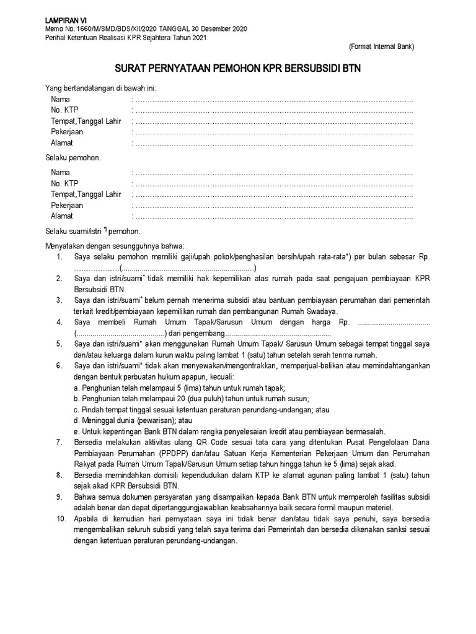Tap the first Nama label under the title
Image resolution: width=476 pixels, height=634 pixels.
pyautogui.click(x=60, y=99)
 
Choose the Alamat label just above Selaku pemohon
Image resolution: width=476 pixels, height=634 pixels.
pyautogui.click(x=62, y=143)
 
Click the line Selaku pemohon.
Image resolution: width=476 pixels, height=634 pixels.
pyautogui.click(x=73, y=158)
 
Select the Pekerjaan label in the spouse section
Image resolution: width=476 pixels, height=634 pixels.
pyautogui.click(x=67, y=205)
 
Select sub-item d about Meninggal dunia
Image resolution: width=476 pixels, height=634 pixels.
pyautogui.click(x=125, y=420)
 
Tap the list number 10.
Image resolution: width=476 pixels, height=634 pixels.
pyautogui.click(x=60, y=519)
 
